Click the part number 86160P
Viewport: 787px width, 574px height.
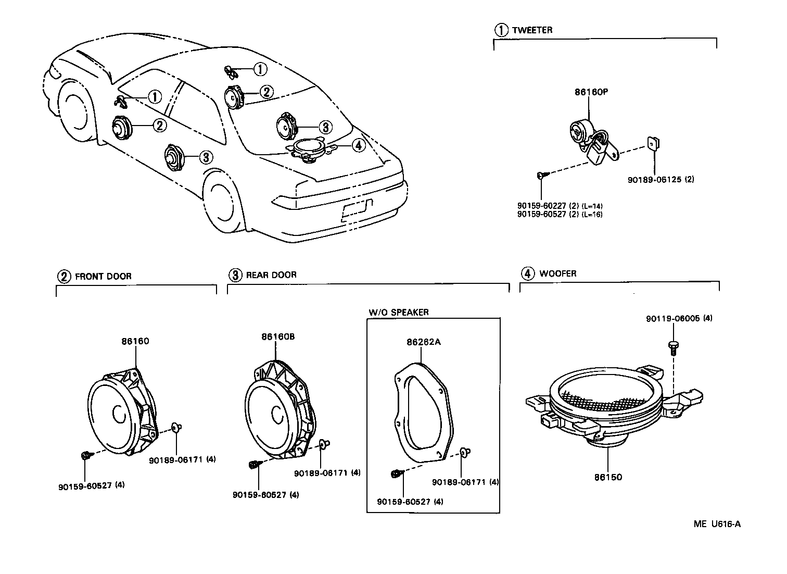(591, 92)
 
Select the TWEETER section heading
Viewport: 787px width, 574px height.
(532, 30)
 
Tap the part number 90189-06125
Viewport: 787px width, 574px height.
(654, 179)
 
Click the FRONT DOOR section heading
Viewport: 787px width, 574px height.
(103, 277)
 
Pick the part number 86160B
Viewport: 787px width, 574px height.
(278, 337)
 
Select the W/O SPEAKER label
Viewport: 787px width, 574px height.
(399, 312)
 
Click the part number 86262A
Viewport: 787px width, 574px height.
(423, 342)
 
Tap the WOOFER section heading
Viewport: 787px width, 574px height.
(557, 273)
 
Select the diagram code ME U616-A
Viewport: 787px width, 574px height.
(717, 524)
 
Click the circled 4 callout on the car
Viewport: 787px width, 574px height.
(358, 145)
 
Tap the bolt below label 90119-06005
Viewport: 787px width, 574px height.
(672, 346)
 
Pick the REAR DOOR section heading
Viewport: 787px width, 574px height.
(271, 274)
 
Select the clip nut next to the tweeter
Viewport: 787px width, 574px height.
(653, 142)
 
